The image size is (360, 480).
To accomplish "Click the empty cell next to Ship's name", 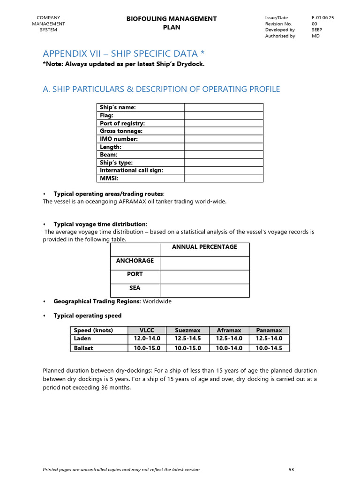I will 223,107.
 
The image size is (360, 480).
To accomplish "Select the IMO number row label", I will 118,139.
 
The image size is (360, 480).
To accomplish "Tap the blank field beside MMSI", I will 223,178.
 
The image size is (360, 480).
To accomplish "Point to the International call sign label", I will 131,170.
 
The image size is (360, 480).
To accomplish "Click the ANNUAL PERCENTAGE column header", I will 204,247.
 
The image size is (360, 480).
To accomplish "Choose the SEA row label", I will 135,288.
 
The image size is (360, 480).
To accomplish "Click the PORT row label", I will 135,274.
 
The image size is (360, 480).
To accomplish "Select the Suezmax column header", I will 187,330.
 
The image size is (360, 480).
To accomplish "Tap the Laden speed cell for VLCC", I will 147,338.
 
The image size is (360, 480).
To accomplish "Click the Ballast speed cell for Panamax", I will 269,348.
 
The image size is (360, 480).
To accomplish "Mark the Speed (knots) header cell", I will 94,330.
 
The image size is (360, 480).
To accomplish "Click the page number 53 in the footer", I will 292,469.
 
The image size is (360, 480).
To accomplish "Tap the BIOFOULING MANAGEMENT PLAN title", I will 172,23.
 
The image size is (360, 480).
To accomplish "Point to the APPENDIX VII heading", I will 124,53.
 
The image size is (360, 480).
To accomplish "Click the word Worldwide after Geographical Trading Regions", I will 157,301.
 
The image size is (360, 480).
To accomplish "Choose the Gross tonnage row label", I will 121,131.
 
